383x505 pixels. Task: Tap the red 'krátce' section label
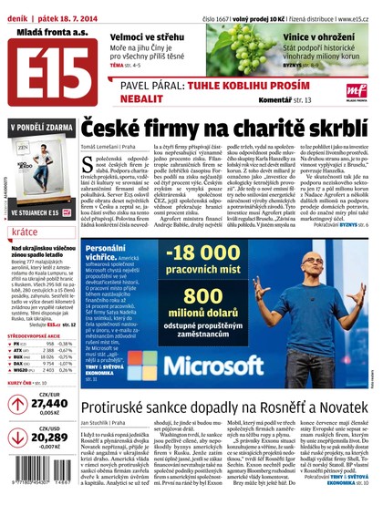tap(26, 233)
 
